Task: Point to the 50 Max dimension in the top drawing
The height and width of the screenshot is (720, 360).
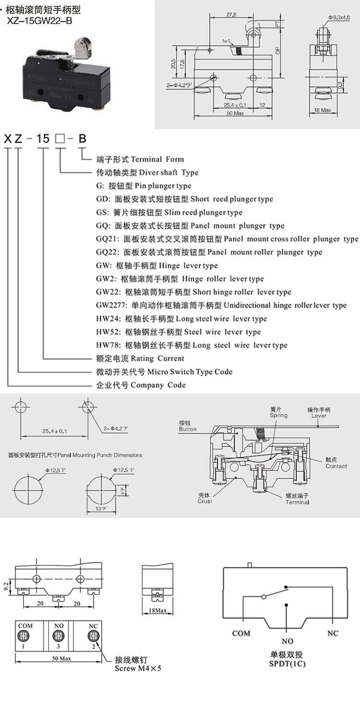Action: point(235,113)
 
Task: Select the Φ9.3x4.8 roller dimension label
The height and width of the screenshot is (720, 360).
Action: point(339,17)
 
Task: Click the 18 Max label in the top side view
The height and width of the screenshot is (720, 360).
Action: point(323,110)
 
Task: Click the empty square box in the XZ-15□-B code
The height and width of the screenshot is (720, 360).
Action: point(60,139)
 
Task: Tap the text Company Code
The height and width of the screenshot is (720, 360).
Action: point(158,385)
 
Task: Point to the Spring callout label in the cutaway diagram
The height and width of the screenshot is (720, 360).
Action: point(278,415)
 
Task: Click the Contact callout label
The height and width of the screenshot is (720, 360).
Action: point(336,466)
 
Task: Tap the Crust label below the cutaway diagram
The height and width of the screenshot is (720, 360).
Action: point(204,501)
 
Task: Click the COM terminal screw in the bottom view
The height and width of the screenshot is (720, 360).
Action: point(25,636)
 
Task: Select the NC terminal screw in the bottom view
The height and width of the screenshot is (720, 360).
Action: point(93,636)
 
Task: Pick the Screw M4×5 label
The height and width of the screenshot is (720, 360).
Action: point(138,668)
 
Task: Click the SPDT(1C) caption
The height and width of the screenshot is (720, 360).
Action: point(288,664)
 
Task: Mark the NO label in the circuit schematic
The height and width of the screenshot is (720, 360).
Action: point(288,641)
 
